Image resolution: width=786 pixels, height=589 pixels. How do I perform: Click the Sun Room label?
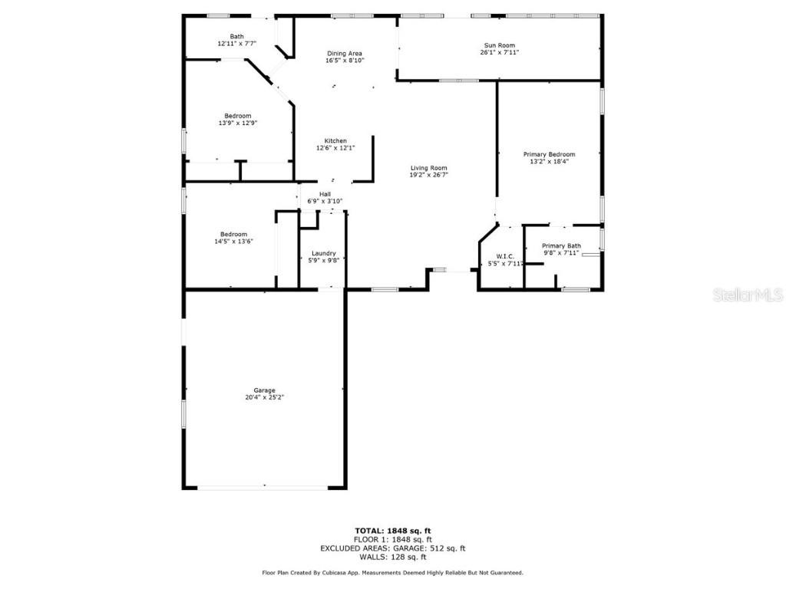[499, 45]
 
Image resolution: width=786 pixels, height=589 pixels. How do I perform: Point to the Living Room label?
[428, 168]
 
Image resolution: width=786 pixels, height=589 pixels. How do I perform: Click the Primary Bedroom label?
[549, 154]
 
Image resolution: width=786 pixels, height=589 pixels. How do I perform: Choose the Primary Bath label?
[562, 246]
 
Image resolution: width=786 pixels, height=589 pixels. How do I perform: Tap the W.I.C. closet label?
[504, 256]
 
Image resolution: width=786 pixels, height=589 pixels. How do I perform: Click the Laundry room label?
[323, 253]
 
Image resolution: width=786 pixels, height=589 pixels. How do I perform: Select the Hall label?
[325, 194]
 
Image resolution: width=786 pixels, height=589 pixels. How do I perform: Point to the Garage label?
[265, 390]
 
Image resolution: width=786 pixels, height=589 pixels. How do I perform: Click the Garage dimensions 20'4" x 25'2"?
[265, 397]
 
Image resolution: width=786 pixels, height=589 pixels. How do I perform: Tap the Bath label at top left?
[236, 36]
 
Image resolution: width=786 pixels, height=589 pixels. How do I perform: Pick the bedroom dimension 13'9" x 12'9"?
[237, 123]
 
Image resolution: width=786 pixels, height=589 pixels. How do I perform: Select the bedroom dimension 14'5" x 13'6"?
[233, 241]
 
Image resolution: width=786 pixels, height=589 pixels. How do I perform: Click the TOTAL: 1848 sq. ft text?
[392, 531]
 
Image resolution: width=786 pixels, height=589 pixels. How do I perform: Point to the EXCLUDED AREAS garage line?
[392, 548]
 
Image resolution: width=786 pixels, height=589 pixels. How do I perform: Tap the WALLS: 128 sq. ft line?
[392, 557]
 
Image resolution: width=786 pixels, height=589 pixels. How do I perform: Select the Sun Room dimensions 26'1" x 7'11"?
[499, 52]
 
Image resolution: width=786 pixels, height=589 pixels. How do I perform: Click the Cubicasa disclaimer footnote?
[392, 573]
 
